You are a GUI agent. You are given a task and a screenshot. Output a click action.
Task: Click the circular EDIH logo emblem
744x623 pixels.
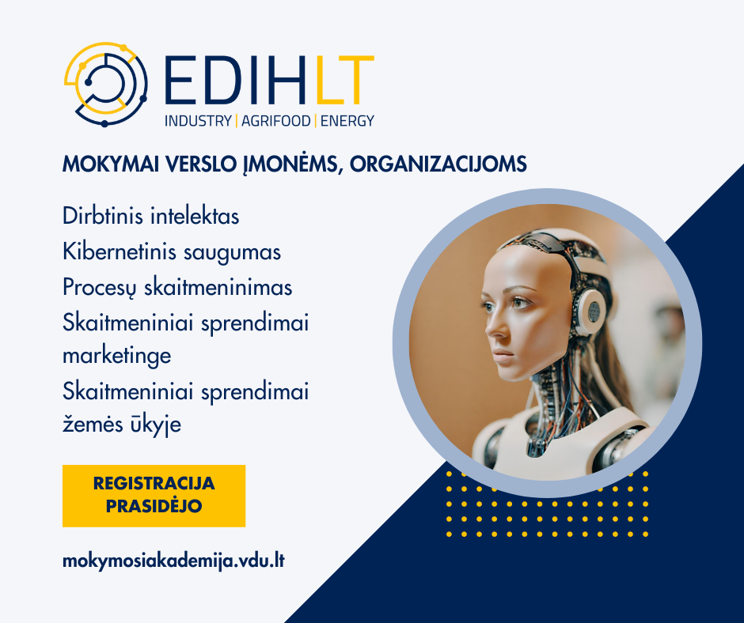[105, 85]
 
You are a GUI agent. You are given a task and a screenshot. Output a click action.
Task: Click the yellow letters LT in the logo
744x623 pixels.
[344, 81]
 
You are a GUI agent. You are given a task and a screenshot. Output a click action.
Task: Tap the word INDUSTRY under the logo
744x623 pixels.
[198, 121]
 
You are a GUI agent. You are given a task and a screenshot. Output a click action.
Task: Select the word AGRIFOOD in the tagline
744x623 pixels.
[275, 121]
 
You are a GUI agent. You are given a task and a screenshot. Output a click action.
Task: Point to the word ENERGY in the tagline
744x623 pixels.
[347, 121]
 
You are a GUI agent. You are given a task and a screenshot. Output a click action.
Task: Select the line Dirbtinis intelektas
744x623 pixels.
[151, 216]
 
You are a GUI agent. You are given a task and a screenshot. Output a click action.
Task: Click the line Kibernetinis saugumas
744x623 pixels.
[172, 251]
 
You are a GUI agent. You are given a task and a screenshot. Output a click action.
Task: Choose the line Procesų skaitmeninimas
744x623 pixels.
[177, 287]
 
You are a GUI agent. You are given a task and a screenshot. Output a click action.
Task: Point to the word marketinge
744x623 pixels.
[116, 356]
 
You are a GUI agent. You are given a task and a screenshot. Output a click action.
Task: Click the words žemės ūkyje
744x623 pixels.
[122, 424]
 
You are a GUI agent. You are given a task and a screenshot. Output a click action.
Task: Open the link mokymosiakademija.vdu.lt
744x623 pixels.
[173, 561]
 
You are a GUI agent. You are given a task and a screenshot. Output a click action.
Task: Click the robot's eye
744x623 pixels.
[519, 302]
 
